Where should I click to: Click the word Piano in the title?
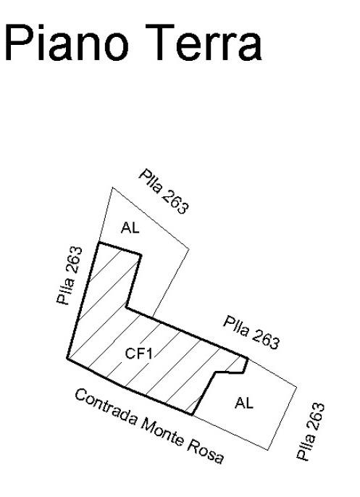tap(67, 43)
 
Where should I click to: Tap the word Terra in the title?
tap(204, 43)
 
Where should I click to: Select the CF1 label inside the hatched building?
tap(139, 353)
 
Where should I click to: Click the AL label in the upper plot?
tap(130, 227)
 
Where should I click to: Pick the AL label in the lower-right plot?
tap(244, 403)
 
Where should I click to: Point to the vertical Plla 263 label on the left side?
tap(69, 275)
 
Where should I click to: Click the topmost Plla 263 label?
tap(164, 191)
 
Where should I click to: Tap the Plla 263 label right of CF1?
tap(251, 332)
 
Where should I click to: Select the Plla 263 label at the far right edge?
tap(311, 431)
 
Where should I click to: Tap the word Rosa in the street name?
tap(206, 451)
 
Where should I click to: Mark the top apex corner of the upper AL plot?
tap(112, 188)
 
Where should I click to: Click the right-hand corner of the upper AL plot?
tap(189, 249)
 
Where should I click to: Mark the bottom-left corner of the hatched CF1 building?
tap(67, 359)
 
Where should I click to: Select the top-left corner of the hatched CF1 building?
tap(99, 243)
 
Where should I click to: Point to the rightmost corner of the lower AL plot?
tap(297, 387)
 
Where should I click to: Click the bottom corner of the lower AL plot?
tap(268, 450)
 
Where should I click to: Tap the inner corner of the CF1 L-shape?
tap(127, 307)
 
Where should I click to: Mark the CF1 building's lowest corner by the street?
tap(193, 414)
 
